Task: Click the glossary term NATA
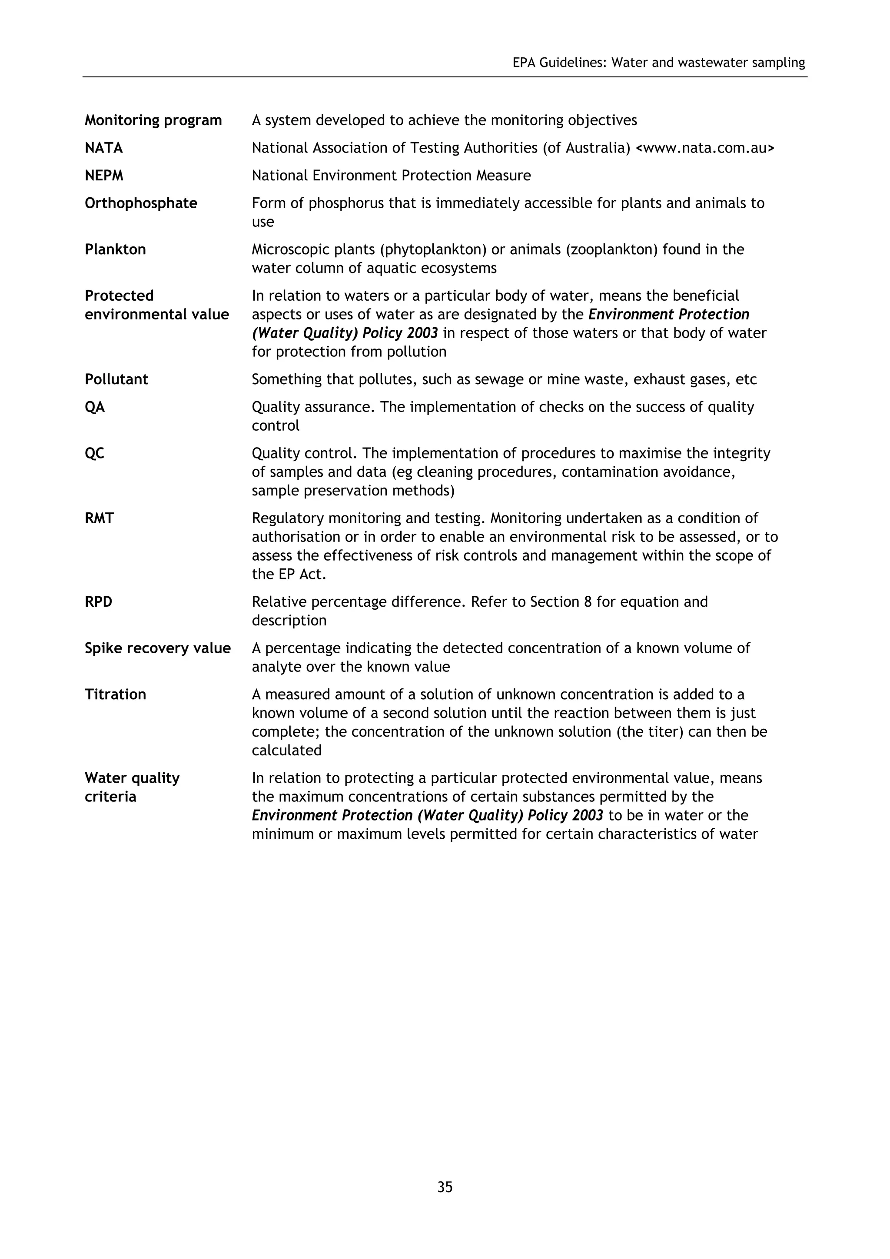103,148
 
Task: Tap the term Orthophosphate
141,203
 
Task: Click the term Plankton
115,249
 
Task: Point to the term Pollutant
116,379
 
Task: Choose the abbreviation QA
95,407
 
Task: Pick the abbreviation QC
94,453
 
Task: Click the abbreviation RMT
99,518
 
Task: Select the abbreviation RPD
99,602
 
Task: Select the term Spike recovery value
158,648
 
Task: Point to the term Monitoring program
153,120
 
